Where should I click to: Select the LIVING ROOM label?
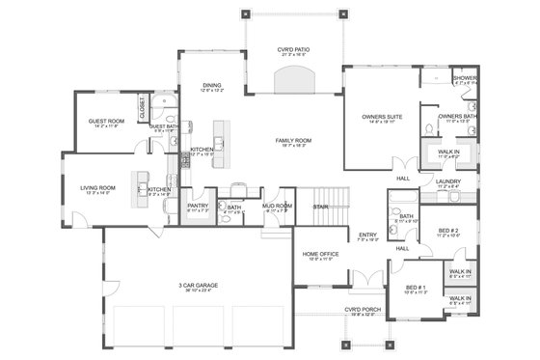click(99, 187)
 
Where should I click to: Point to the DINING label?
click(212, 85)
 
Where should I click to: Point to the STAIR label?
click(319, 206)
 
